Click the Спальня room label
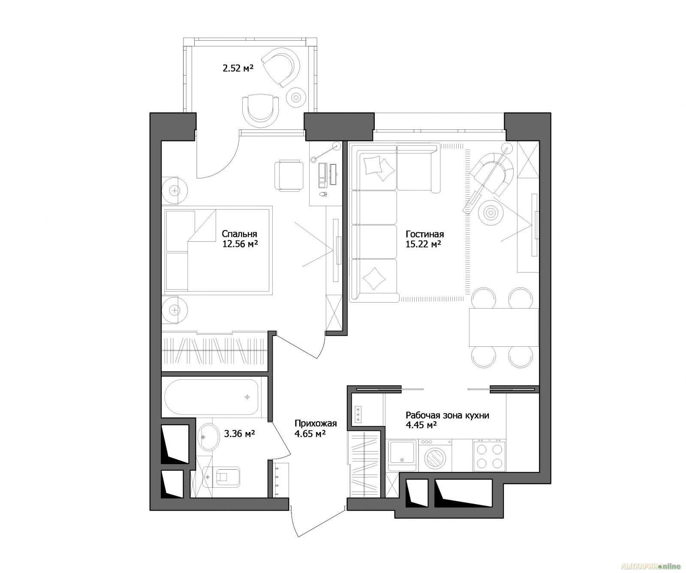(x=239, y=234)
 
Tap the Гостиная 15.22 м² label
(x=424, y=239)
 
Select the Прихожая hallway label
(x=316, y=423)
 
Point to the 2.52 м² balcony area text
(x=238, y=67)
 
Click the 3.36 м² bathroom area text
(x=240, y=434)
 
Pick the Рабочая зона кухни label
(x=447, y=415)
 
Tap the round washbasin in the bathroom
(x=209, y=437)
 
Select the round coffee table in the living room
(x=491, y=212)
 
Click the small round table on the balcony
(x=296, y=96)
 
